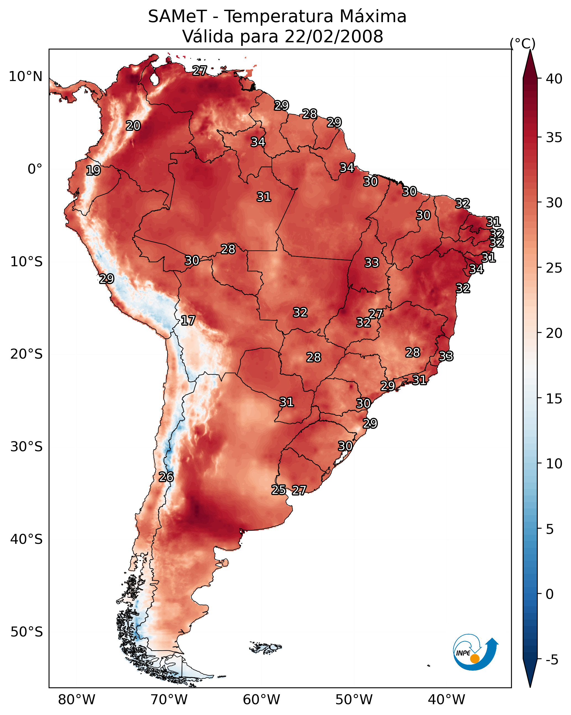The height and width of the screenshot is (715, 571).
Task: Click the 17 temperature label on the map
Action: tap(188, 321)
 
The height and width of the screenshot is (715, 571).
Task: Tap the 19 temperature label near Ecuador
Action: tap(93, 171)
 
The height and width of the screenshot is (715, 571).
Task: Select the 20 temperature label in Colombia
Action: tap(133, 126)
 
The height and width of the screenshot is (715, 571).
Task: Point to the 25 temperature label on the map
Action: tap(278, 490)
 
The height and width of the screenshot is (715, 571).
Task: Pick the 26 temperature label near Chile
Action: tap(166, 477)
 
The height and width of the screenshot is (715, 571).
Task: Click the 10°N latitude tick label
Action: tap(25, 77)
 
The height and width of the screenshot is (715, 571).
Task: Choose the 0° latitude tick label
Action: tap(35, 169)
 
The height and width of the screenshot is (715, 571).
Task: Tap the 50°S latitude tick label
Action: tap(26, 632)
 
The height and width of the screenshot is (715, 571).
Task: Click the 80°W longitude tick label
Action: tap(77, 700)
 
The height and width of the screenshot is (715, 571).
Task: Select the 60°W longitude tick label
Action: tap(262, 700)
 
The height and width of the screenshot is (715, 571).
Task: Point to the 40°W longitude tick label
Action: tap(446, 700)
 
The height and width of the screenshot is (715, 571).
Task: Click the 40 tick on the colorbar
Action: tap(554, 79)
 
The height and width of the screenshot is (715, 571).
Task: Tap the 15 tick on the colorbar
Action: tap(554, 399)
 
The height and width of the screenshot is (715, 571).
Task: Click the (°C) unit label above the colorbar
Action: tap(522, 43)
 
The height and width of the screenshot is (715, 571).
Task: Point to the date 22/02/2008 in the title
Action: tap(334, 36)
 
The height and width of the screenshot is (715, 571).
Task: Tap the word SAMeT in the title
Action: tap(177, 16)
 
